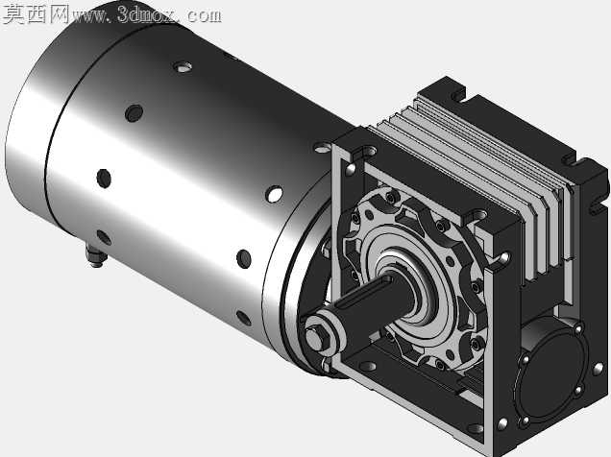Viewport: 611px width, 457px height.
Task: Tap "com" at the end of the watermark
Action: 204,16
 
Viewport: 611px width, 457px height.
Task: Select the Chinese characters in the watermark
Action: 36,14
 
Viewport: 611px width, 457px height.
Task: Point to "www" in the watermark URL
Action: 89,17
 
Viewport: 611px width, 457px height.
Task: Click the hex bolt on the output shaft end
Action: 315,338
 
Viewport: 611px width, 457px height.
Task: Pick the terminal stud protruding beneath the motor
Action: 94,256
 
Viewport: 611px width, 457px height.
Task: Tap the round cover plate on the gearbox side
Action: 550,376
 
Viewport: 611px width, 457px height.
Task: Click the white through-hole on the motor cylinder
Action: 275,194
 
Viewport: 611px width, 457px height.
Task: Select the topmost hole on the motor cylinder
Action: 182,67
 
